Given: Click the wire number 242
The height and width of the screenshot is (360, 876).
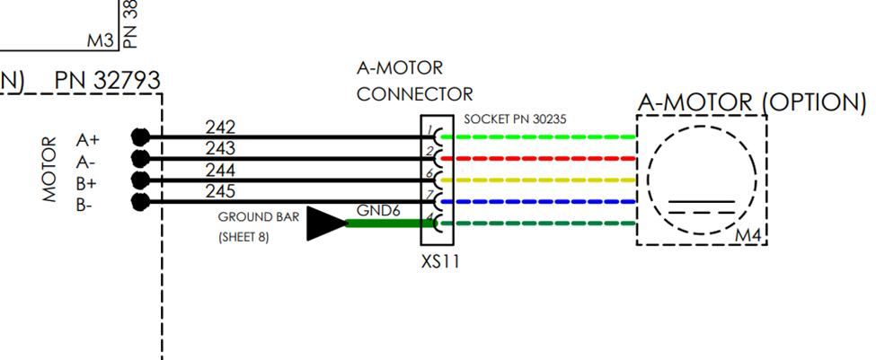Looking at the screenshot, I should click(220, 127).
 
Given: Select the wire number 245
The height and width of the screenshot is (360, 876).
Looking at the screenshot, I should click(220, 191).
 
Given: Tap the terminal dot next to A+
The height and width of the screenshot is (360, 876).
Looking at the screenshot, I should click(138, 136).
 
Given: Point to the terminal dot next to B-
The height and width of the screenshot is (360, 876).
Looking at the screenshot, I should click(138, 201).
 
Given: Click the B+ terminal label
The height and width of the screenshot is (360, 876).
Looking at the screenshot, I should click(88, 184).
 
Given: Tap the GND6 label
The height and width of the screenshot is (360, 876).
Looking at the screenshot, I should click(377, 210).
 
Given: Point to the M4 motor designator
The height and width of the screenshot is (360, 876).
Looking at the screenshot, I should click(748, 235).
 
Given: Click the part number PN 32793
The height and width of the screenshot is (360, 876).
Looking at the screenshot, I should click(107, 82).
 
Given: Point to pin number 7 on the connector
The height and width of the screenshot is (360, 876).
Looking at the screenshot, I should click(429, 195).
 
